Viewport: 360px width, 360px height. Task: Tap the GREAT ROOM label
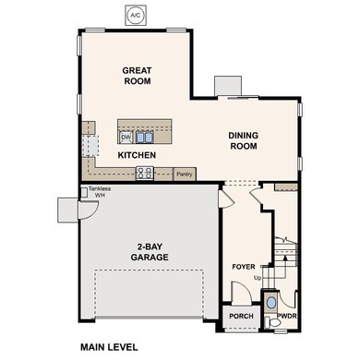tap(137, 76)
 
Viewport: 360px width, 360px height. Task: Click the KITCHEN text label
tap(136, 155)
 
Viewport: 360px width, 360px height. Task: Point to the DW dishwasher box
tap(126, 137)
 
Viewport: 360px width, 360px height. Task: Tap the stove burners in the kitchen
tap(145, 172)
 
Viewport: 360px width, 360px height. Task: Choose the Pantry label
tap(185, 173)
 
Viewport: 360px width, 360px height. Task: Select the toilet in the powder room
tap(271, 303)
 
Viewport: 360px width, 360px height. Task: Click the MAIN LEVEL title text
tap(108, 348)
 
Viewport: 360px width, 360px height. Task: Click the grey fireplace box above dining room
tap(229, 85)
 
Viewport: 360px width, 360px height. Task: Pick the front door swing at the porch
tap(240, 294)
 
